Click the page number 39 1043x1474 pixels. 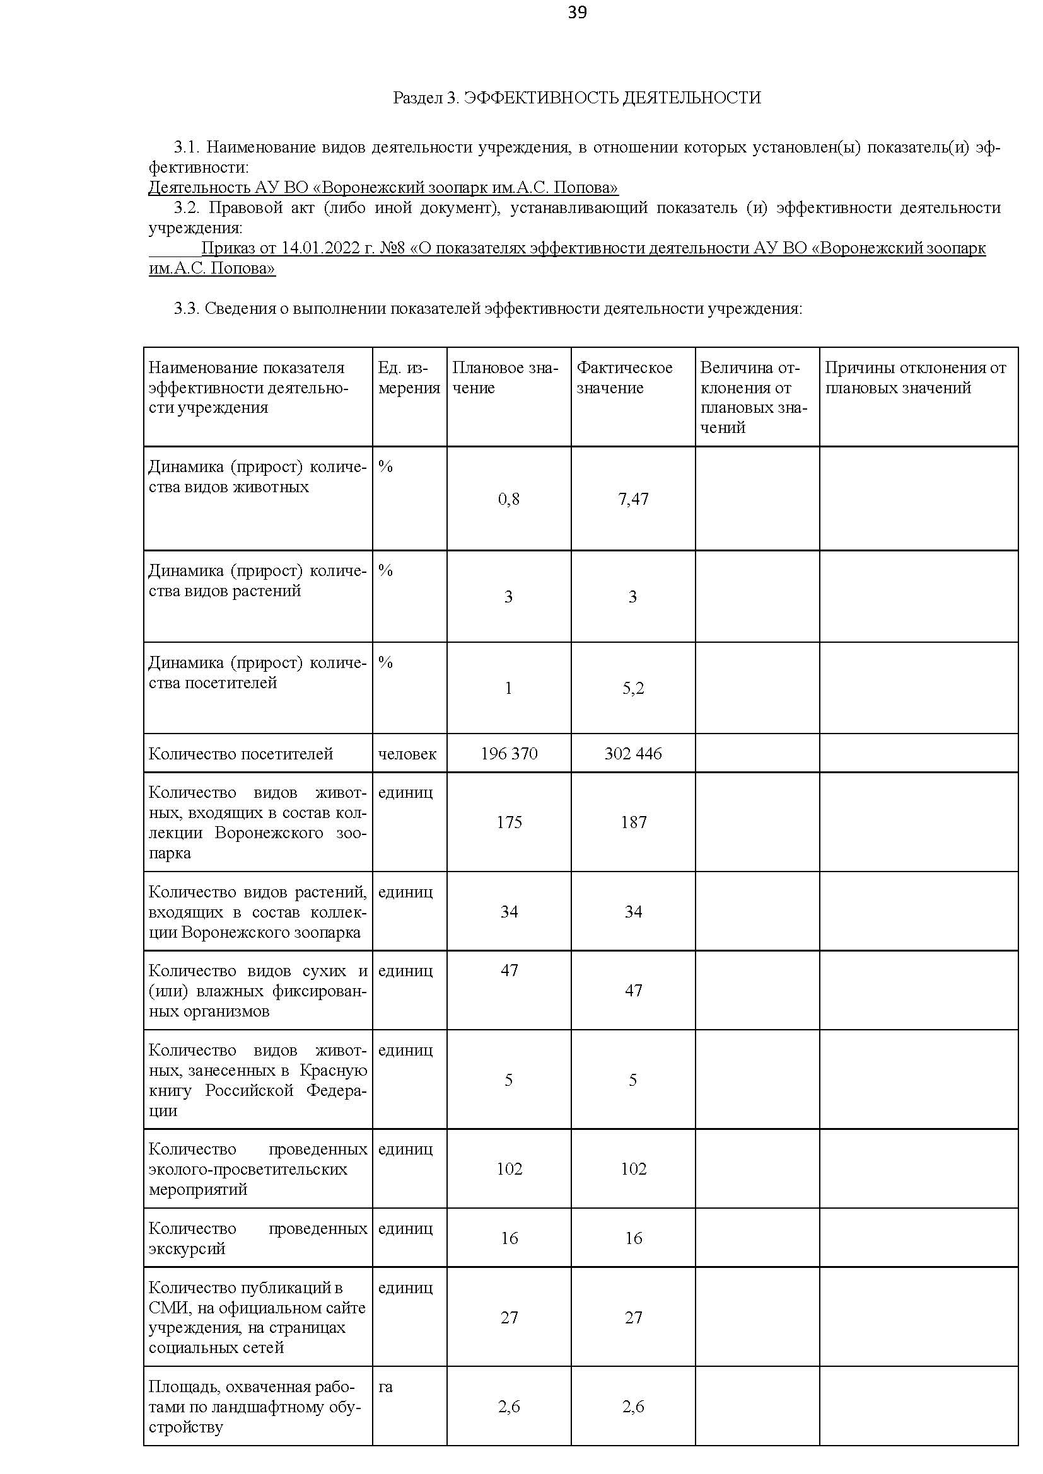coord(578,13)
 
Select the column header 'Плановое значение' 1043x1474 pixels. coord(505,377)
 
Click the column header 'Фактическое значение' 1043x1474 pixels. coord(624,377)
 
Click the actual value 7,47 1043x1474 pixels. coord(633,499)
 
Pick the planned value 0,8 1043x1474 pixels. coord(509,499)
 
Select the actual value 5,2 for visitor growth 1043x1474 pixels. coord(633,688)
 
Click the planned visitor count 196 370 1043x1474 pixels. coord(509,753)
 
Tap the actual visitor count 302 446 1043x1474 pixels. coord(633,753)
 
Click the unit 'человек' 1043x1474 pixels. coord(407,753)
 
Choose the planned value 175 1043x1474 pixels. coord(509,822)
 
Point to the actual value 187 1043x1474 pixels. coord(633,822)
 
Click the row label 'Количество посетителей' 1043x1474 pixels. coord(241,753)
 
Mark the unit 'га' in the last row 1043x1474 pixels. coord(385,1386)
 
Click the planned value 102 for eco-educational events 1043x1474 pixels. coord(509,1168)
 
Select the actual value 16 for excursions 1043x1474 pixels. coord(633,1238)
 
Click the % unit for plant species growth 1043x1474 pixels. coord(385,570)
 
